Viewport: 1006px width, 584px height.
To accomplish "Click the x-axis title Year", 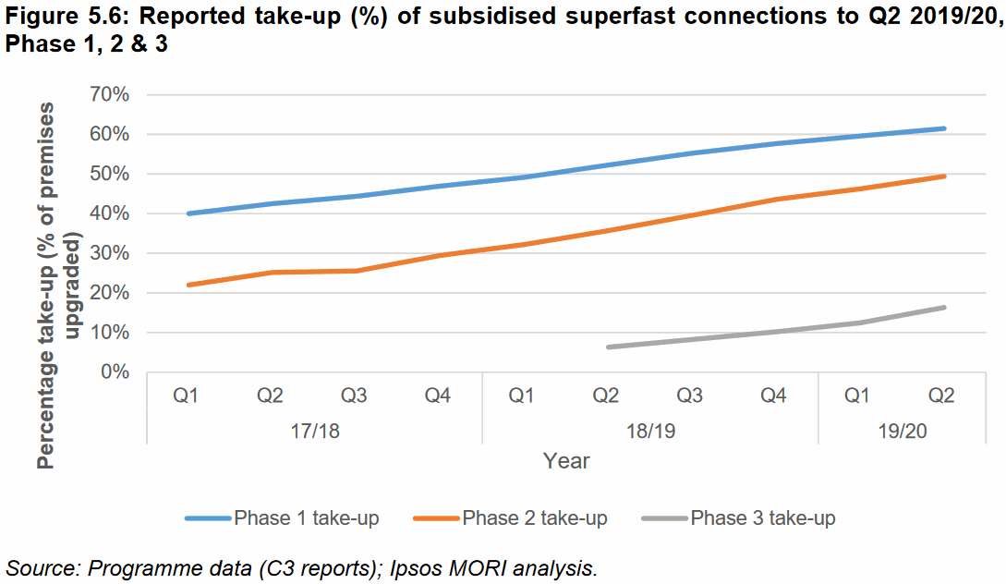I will (566, 460).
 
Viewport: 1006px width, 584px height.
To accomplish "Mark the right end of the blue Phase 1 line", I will (944, 128).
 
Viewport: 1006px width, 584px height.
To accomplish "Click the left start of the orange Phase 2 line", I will (188, 285).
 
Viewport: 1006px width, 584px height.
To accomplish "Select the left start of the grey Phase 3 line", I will (608, 347).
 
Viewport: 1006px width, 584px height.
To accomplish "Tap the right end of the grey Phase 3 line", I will (944, 308).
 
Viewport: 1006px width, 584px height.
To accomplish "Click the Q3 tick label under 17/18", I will (354, 395).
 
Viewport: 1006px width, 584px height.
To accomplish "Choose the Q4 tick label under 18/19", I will (773, 395).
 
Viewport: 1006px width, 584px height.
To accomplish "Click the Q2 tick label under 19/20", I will (941, 395).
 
